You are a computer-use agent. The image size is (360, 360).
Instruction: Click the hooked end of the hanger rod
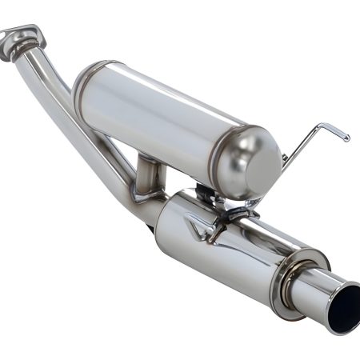pos(344,137)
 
